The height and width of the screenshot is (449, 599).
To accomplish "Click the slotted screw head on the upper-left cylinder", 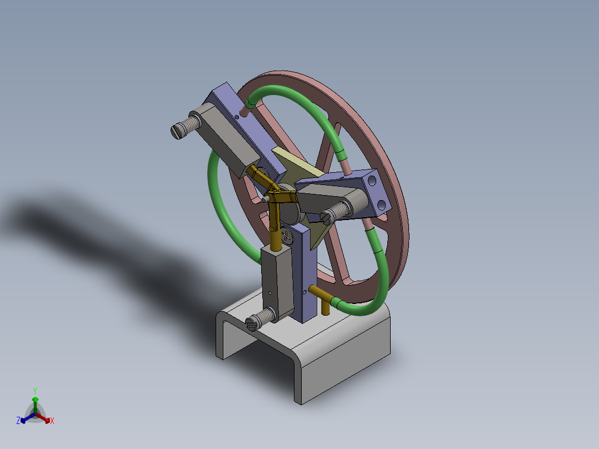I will pos(177,132).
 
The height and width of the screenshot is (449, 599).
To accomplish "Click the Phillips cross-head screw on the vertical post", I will pos(287,235).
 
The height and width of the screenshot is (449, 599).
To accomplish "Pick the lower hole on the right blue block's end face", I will pos(383,204).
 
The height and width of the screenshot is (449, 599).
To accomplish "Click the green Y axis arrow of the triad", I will pos(35,399).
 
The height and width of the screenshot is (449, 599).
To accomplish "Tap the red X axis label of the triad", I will pos(52,421).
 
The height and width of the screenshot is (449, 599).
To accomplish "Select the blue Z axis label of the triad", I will pos(18,421).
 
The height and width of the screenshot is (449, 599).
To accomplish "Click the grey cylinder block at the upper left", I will pos(222,139).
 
